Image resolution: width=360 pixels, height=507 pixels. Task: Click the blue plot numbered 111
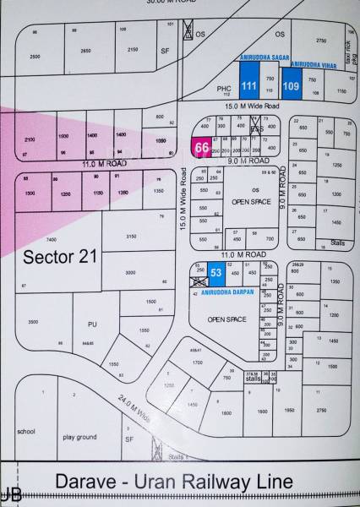[249, 85]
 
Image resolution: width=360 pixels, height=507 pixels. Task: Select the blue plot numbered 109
[292, 85]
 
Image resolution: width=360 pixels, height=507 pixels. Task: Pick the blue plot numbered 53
[216, 273]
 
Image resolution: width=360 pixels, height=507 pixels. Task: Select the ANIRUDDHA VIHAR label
[309, 64]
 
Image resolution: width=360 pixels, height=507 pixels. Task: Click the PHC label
[223, 88]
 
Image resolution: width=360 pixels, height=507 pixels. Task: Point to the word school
[25, 431]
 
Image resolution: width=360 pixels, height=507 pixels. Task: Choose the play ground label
[79, 437]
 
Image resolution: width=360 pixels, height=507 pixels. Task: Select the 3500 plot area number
[33, 322]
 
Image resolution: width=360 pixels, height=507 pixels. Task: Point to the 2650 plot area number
[85, 51]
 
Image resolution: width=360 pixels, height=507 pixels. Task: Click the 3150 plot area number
[130, 237]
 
